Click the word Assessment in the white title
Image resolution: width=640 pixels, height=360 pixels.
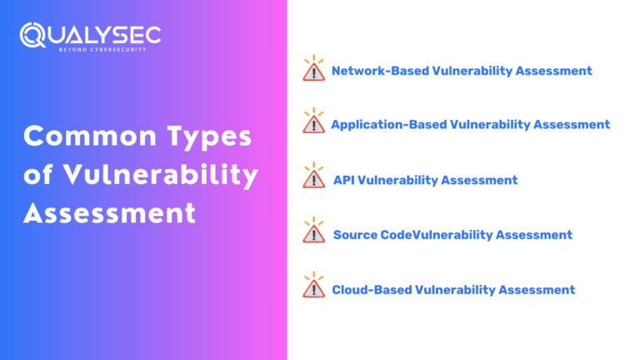tap(109, 213)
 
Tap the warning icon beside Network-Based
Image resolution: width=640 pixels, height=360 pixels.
tap(313, 69)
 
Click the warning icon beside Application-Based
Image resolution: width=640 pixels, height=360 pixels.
tap(313, 122)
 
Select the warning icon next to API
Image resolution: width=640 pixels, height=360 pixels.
tap(313, 177)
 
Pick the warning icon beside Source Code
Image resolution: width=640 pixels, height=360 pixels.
tap(313, 232)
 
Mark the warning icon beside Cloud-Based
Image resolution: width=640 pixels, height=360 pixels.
tap(313, 287)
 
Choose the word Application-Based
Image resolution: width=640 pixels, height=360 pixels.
tap(388, 125)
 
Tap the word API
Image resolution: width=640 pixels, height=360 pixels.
tap(343, 180)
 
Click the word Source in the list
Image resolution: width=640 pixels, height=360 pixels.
tap(355, 235)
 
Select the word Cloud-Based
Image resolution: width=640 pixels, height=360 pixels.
tap(371, 290)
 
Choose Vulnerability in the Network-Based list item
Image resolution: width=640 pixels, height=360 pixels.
tap(472, 71)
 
